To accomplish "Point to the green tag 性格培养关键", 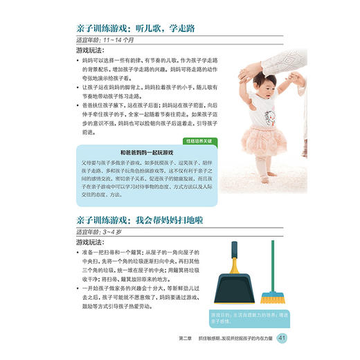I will coord(200,141).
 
